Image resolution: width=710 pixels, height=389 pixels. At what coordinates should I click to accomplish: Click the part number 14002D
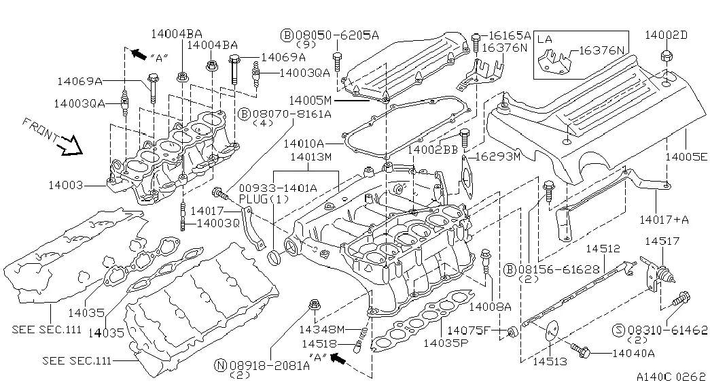click(666, 34)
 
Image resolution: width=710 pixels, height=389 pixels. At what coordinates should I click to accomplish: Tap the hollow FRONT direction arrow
click(69, 144)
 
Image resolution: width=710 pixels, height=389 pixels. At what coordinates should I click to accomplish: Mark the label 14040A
click(633, 353)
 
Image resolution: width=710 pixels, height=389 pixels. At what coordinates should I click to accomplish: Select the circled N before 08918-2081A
click(220, 365)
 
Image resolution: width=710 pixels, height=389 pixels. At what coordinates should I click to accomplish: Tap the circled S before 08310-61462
click(618, 330)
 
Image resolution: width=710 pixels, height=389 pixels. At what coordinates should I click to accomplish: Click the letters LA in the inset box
click(545, 39)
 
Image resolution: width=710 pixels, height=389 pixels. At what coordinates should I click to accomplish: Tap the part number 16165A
click(510, 35)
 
